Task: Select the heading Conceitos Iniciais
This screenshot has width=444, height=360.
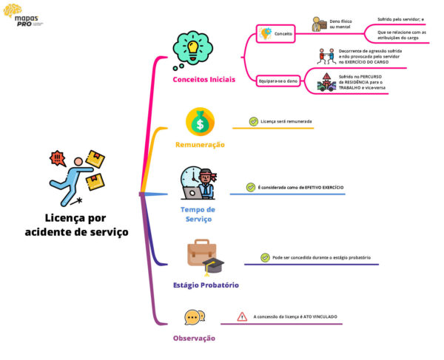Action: (204, 79)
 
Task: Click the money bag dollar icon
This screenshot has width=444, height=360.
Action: (200, 120)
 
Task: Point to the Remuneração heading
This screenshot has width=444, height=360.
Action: (200, 145)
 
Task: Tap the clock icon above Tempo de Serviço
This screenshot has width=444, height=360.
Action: (197, 183)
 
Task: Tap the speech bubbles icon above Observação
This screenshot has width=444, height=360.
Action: (195, 317)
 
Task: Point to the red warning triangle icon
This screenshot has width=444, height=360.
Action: (242, 316)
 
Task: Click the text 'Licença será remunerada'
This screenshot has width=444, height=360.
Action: (286, 120)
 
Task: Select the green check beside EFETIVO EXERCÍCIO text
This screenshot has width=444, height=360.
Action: (251, 187)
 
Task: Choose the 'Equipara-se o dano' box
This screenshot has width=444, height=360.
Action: (277, 80)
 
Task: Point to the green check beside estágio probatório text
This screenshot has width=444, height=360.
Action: (265, 257)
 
